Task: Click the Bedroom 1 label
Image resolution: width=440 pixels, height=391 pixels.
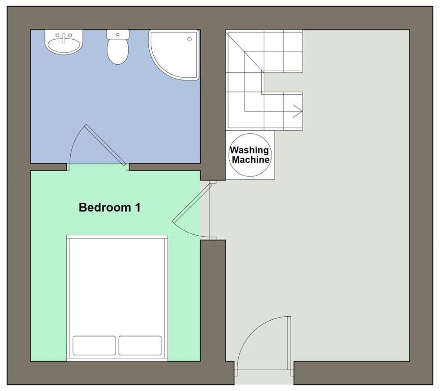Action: [109, 208]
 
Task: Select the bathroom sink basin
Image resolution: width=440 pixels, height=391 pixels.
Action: [64, 44]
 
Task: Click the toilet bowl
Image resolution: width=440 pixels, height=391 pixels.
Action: [118, 51]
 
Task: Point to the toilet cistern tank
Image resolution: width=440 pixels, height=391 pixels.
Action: [118, 34]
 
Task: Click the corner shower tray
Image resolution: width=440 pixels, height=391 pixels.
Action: [174, 54]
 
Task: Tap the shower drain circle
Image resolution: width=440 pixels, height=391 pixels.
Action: [189, 39]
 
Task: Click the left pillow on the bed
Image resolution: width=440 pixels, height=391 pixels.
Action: [94, 345]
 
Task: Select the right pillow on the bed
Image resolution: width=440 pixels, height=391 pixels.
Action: [140, 345]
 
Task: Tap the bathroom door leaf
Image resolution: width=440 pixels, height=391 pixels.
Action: [105, 145]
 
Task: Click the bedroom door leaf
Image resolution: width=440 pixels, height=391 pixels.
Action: [192, 203]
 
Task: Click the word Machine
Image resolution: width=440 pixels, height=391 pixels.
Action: [251, 160]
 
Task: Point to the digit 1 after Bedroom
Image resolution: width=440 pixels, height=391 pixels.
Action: [138, 208]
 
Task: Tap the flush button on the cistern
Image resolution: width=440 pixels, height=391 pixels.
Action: [118, 34]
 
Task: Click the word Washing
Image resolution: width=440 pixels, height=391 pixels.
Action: [250, 150]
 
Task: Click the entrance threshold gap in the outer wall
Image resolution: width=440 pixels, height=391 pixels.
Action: [264, 377]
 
